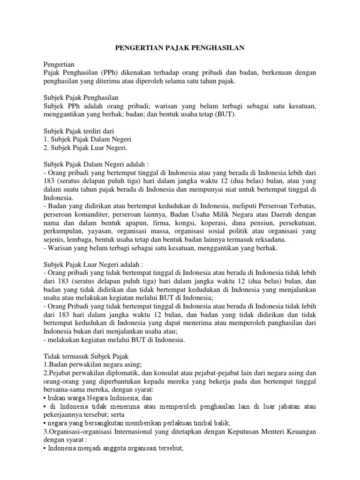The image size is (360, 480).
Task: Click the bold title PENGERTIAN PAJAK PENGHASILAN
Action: point(180,48)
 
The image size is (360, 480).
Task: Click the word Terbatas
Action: point(300,207)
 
